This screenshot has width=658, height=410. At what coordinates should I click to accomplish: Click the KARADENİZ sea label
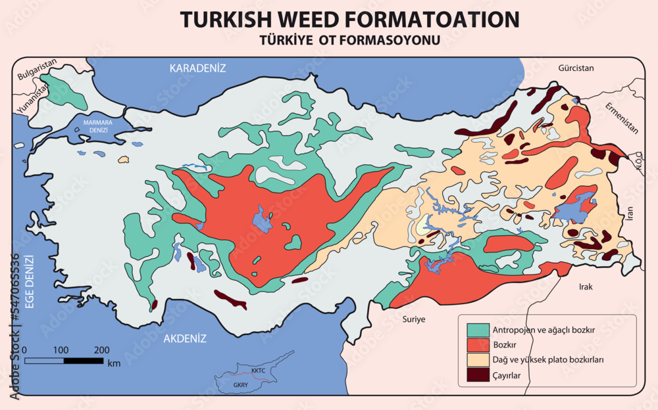(197, 68)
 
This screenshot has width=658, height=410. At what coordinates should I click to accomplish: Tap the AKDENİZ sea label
(185, 339)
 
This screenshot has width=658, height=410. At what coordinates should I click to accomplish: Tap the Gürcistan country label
(576, 68)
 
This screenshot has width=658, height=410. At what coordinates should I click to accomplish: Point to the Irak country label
(586, 287)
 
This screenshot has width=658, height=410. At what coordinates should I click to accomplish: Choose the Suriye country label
(414, 319)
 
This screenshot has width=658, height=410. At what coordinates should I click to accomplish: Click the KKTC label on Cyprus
(258, 371)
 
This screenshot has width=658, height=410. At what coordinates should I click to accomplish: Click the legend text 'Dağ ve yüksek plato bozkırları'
(548, 360)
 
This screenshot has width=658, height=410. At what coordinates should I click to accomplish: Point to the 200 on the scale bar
(101, 350)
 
